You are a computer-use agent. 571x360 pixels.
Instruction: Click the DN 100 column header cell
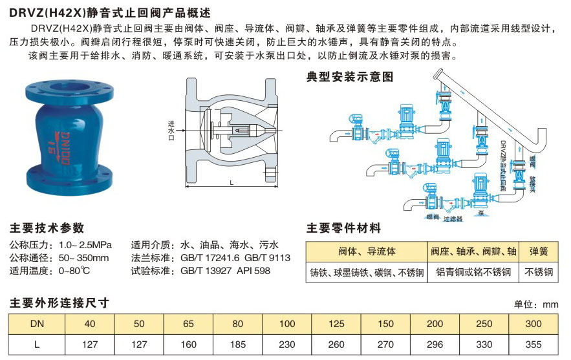[287, 323]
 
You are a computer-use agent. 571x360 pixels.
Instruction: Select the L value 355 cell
[533, 344]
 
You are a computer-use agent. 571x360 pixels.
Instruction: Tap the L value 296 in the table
[436, 344]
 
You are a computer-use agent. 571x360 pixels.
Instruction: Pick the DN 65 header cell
[188, 323]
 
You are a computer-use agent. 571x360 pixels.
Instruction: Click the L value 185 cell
[237, 344]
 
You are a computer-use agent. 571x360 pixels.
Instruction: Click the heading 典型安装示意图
[349, 77]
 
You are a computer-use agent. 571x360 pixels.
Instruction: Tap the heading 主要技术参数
[47, 228]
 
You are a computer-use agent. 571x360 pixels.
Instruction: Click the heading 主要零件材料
[343, 228]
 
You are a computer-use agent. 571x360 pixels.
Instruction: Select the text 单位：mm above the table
[535, 304]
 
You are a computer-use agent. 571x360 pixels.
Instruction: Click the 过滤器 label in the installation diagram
[453, 219]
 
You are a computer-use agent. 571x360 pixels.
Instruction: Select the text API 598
[253, 271]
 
